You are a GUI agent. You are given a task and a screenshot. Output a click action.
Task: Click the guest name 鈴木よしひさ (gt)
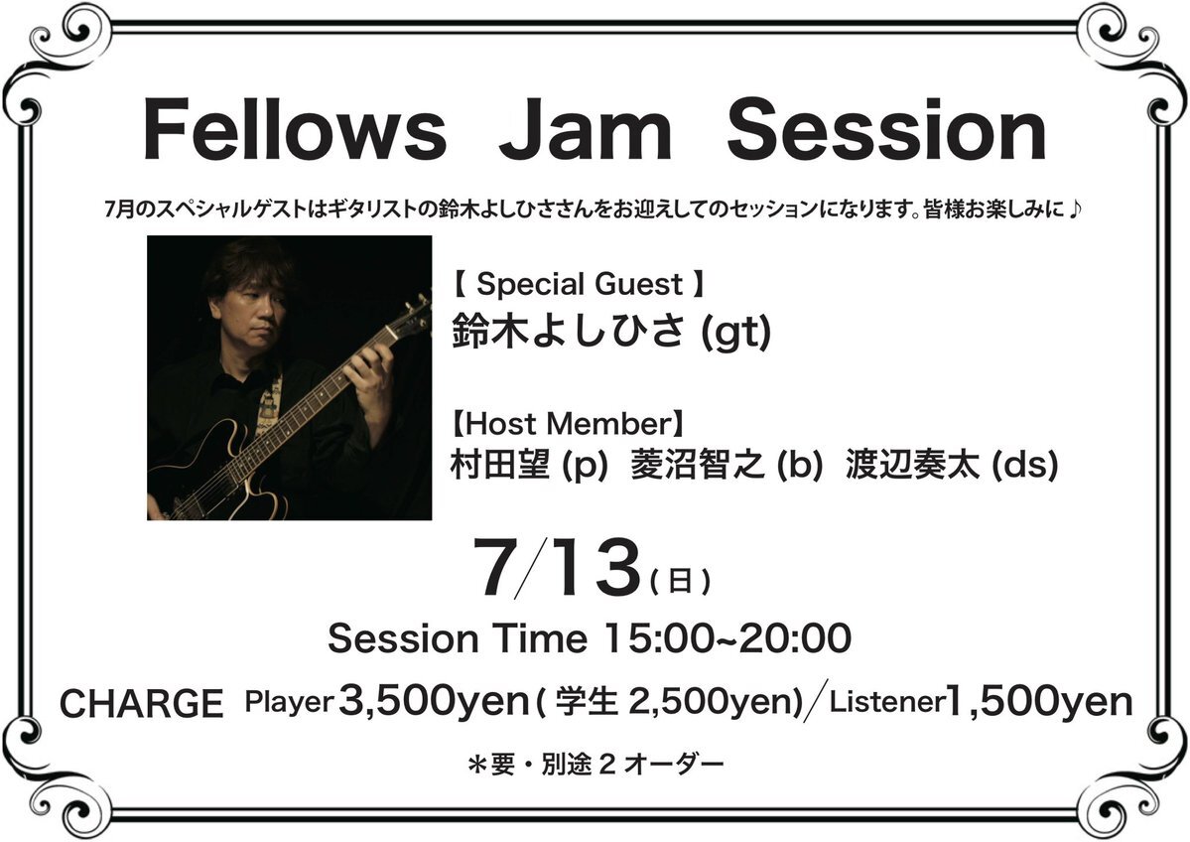click(611, 331)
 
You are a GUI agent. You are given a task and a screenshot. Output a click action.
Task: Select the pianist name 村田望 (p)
click(529, 465)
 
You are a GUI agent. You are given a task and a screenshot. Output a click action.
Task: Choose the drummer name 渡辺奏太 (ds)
click(951, 465)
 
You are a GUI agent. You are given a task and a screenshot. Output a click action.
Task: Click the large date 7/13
click(557, 568)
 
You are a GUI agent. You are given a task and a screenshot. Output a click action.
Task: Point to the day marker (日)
click(680, 581)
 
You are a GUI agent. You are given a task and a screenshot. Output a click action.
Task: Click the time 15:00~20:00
click(727, 637)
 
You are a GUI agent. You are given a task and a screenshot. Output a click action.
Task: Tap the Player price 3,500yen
click(434, 701)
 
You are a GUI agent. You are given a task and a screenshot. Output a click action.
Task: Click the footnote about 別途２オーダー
click(595, 764)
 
